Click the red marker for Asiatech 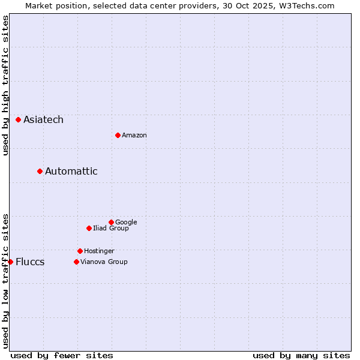pos(19,120)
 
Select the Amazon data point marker pos(118,136)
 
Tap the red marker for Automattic pos(40,172)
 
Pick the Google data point pos(111,223)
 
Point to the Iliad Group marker pos(89,229)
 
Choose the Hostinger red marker pos(80,251)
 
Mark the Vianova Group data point pos(76,262)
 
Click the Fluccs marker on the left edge pos(10,262)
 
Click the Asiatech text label pos(43,120)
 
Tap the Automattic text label pos(71,172)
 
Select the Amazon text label pos(134,136)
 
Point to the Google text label pos(126,223)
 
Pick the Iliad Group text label pos(110,229)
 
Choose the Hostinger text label pos(99,251)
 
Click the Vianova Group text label pos(104,262)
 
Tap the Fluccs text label pos(30,262)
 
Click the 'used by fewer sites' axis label pos(62,355)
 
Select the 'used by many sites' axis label pos(301,355)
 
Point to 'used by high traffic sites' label pos(5,85)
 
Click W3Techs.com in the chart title pos(305,5)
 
